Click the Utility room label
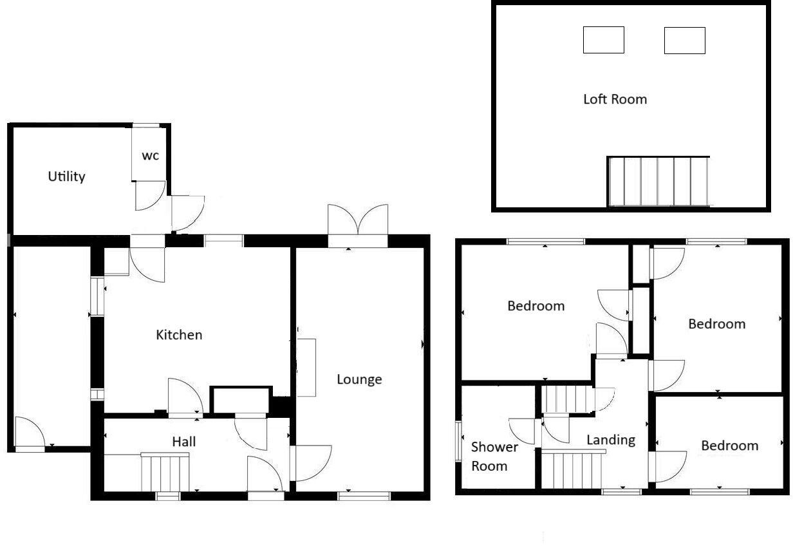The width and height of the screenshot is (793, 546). coord(66,176)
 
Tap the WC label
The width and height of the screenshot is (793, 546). coord(150,155)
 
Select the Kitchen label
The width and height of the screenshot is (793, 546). coord(179,335)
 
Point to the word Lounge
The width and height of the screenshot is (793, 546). coord(359,379)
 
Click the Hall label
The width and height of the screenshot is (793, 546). coord(183,442)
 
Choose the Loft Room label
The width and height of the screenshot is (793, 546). coord(615,99)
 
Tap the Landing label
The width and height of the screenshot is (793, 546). coord(611,440)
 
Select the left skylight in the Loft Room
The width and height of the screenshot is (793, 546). coord(603,40)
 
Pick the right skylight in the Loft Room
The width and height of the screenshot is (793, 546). coord(684,40)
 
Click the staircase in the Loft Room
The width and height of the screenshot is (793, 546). coord(658,181)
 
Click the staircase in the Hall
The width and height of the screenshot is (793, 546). coord(165,473)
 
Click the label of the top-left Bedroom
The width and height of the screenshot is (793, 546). coord(536,306)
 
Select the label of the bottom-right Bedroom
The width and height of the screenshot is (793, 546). coord(729,446)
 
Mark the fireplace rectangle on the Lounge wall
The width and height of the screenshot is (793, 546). coord(306,367)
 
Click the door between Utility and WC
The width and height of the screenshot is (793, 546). coord(151,196)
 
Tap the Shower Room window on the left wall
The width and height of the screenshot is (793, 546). coord(458,440)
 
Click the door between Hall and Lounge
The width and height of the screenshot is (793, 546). coord(310,463)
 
